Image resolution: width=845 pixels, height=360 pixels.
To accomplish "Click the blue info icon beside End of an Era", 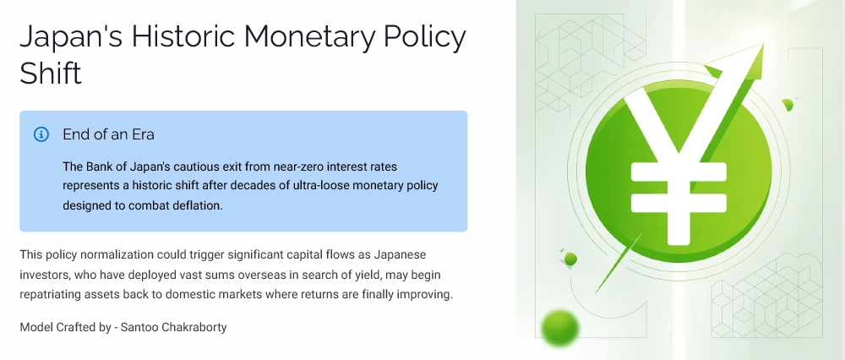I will click(x=41, y=134).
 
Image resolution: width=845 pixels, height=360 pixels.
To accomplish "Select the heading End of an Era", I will click(x=108, y=134).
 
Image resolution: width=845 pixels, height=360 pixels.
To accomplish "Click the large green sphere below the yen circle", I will click(x=559, y=327).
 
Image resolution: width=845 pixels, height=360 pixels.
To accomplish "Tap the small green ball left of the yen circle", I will click(x=570, y=259).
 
